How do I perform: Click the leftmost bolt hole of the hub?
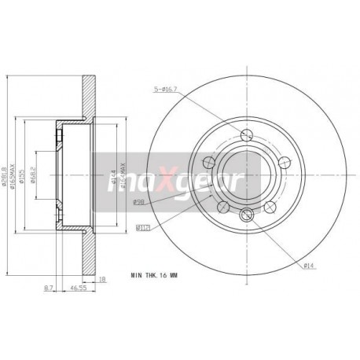pos(208,163)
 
